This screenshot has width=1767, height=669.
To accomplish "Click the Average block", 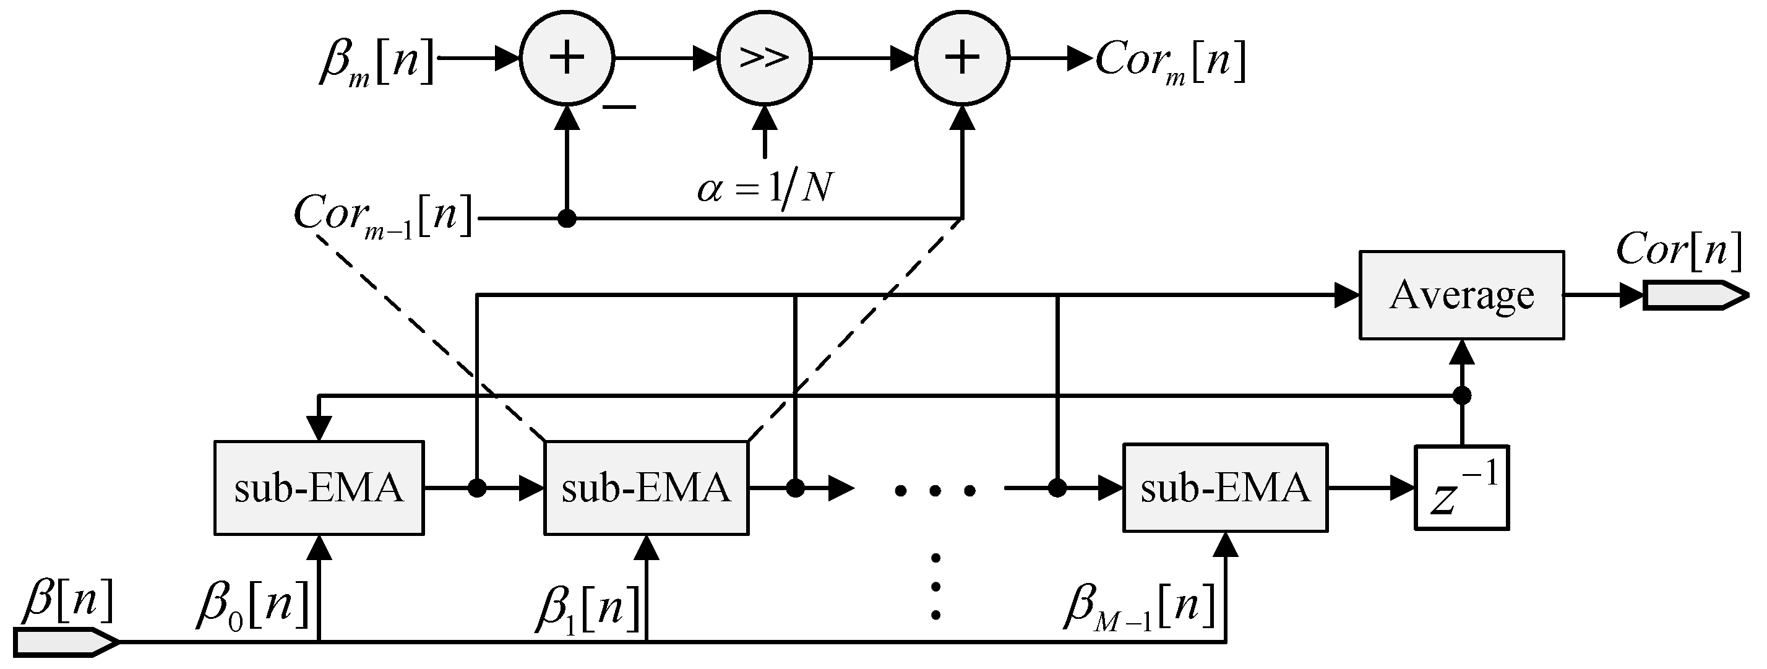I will tap(1461, 295).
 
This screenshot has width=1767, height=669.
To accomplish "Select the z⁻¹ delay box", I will tap(1461, 488).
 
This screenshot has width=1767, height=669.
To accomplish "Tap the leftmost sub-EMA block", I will tap(319, 488).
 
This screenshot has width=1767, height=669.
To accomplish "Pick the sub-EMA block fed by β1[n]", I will tap(646, 488).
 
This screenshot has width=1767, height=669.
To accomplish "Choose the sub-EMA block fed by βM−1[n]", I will tap(1225, 488).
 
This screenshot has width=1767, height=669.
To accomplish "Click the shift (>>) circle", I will tap(764, 58).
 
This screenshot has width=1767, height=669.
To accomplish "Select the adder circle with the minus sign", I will tap(567, 58).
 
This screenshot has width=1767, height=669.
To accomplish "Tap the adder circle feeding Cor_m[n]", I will tap(963, 58).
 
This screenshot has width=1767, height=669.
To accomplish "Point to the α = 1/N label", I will tap(765, 188).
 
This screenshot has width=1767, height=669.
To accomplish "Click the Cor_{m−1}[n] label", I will tap(383, 215).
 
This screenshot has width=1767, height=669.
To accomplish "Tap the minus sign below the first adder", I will tap(619, 107).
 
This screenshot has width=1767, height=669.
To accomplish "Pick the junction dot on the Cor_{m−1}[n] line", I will tap(567, 219).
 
